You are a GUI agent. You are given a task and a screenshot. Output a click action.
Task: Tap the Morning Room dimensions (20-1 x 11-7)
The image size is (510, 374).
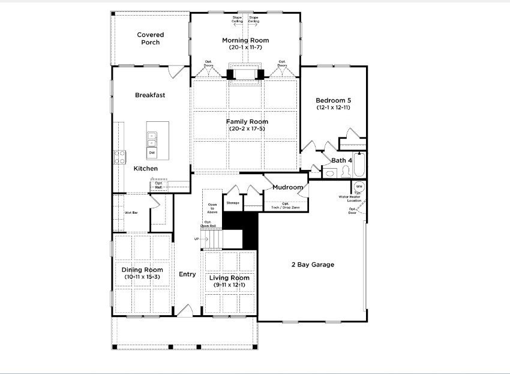(x=245, y=47)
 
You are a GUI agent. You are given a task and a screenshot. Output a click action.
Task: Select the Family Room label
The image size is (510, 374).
(x=247, y=122)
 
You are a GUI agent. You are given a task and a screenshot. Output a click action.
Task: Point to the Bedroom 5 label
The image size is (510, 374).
(x=333, y=100)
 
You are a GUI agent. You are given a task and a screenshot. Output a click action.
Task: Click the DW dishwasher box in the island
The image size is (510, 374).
(x=152, y=153)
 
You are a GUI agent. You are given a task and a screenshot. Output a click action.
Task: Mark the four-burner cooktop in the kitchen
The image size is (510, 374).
(x=120, y=157)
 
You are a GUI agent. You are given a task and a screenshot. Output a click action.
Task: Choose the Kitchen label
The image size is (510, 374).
(x=146, y=169)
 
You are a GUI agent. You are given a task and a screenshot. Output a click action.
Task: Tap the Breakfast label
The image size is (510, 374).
(x=150, y=95)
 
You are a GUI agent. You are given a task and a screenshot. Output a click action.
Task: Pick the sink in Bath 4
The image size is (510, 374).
(x=329, y=173)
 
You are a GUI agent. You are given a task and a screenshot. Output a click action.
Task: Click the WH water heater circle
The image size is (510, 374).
(x=359, y=186)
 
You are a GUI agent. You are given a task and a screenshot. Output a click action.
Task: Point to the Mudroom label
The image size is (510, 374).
(x=287, y=187)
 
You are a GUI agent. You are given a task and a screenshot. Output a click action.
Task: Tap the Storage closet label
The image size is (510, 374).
(x=233, y=203)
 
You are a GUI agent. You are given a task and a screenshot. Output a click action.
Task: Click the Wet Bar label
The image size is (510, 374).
(x=131, y=213)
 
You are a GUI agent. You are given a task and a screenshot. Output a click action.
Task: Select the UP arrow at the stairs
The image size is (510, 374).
(x=197, y=238)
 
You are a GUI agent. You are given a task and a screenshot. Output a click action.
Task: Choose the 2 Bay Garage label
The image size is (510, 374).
(x=313, y=265)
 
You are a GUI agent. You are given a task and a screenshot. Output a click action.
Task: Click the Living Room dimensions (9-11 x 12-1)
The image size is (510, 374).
(x=229, y=285)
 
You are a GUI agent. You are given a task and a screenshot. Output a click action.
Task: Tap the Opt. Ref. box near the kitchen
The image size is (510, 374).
(x=159, y=185)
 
